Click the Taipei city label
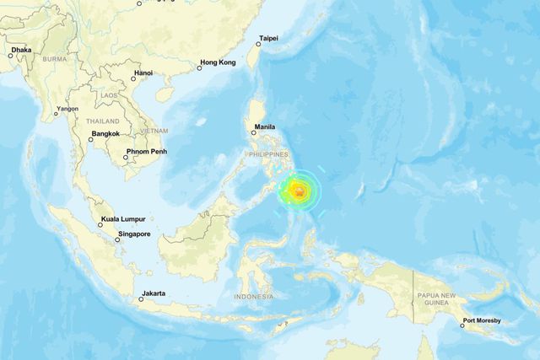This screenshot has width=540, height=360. (x=269, y=38)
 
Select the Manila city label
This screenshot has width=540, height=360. (x=266, y=127)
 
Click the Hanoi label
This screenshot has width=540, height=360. (x=143, y=73)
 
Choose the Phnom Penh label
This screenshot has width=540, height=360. (x=142, y=152)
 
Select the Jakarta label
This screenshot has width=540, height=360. (x=154, y=293)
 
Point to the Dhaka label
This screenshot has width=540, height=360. (x=22, y=50)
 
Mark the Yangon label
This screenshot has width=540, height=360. (x=67, y=109)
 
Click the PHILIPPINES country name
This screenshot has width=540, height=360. (x=268, y=154)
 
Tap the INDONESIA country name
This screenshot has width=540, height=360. (x=253, y=297)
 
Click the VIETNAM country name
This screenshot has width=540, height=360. (x=154, y=131)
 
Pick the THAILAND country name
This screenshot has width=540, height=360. (x=100, y=121)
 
